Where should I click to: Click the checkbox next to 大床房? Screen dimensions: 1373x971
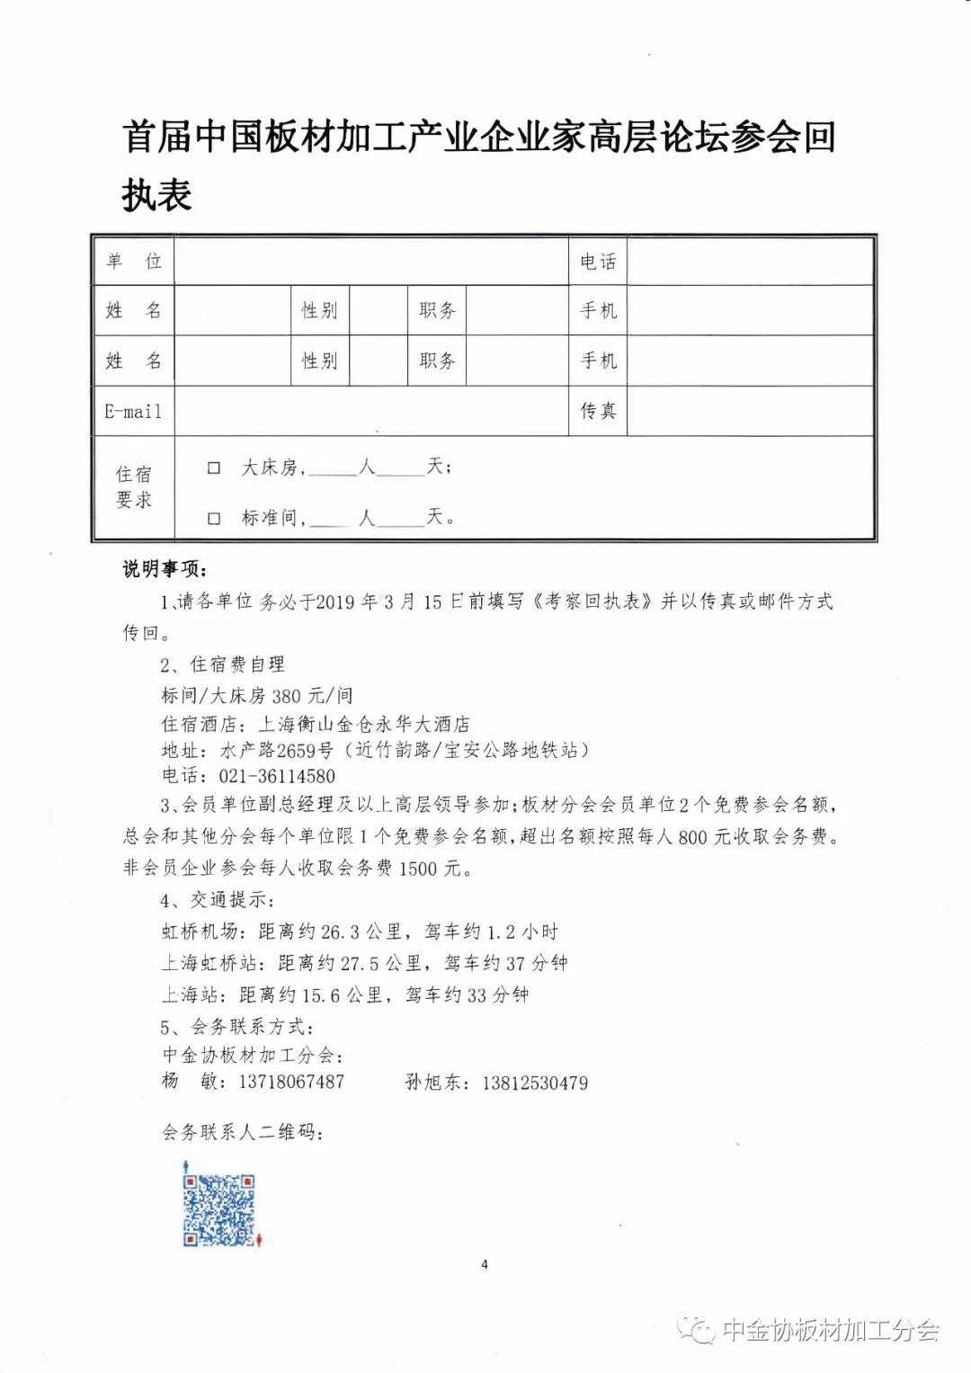coord(214,468)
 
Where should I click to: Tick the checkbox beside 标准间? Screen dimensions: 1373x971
coord(214,519)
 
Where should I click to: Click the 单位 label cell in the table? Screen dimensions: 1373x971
coord(133,262)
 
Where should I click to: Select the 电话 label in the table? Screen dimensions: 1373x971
coord(598,262)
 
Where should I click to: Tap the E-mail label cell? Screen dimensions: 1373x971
coord(133,412)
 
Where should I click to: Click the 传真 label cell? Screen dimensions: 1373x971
coord(598,411)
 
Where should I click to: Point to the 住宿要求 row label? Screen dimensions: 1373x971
coord(133,487)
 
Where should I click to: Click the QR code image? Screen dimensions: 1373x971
coord(219,1210)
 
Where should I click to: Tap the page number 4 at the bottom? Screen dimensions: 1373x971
coord(485,1264)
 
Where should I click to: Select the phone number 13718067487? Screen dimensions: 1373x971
coord(290,1082)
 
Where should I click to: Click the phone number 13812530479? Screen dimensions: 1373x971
coord(535,1083)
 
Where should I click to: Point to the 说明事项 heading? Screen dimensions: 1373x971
coord(165,570)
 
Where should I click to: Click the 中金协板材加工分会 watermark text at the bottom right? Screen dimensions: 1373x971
coord(830,1330)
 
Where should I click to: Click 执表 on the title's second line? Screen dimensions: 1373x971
coord(157,195)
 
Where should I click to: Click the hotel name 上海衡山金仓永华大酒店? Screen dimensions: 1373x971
coord(364,724)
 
